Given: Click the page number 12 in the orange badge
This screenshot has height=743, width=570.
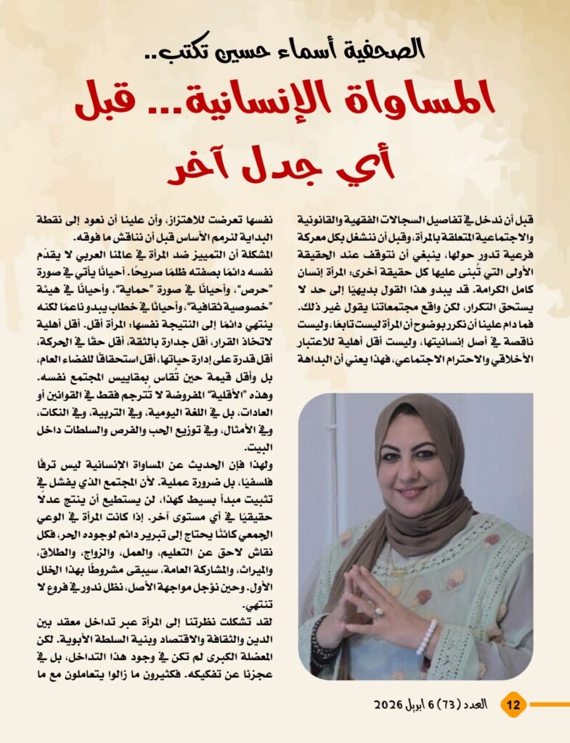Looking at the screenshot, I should [x=513, y=704].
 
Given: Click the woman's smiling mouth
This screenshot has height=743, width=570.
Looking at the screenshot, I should [x=411, y=492].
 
